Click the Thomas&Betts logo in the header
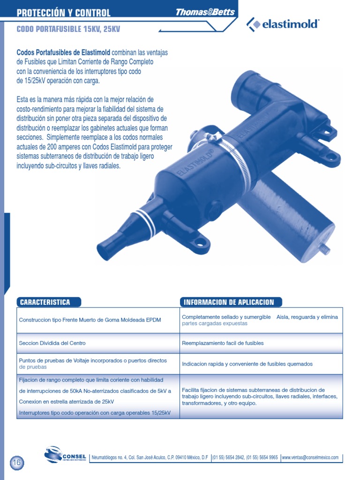click(x=205, y=12)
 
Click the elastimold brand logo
click(x=283, y=24)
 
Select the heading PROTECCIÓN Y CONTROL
click(x=64, y=13)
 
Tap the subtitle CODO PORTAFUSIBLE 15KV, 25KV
click(x=68, y=29)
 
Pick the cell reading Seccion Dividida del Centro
click(x=52, y=343)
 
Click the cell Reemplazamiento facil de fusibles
click(x=223, y=343)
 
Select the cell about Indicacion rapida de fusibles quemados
click(x=247, y=364)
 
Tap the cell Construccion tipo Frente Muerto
click(x=90, y=320)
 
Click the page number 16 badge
click(x=16, y=462)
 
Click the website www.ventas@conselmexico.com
click(x=310, y=457)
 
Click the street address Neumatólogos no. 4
click(x=150, y=457)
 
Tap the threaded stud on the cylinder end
click(x=323, y=247)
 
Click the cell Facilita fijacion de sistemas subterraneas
click(x=259, y=396)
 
